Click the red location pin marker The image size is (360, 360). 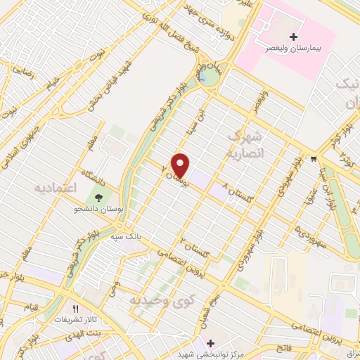point(181,165)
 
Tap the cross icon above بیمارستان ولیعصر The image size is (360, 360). point(294,37)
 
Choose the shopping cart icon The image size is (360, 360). point(313,159)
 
